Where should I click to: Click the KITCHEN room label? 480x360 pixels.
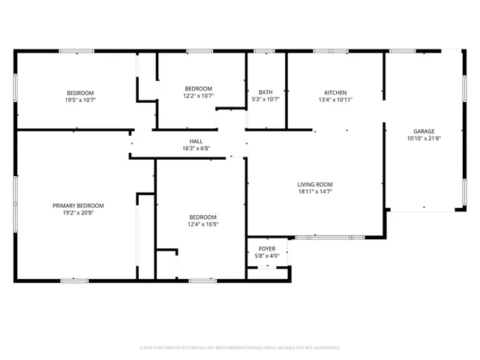335,92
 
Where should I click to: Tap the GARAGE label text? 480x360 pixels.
424,130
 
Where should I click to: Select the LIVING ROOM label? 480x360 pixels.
315,184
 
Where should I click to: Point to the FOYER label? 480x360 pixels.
267,248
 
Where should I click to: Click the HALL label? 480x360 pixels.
196,141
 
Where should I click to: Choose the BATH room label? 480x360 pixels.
265,92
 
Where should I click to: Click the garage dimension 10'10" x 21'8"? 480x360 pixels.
424,138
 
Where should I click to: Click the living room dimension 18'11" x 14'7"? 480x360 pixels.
315,192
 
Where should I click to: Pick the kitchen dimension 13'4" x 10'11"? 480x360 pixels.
335,100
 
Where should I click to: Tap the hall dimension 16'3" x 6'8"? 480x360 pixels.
196,148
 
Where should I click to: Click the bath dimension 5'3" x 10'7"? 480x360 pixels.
265,100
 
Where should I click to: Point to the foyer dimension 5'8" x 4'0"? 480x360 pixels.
267,256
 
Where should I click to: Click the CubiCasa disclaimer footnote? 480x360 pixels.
240,347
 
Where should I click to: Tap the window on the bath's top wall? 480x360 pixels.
264,51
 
